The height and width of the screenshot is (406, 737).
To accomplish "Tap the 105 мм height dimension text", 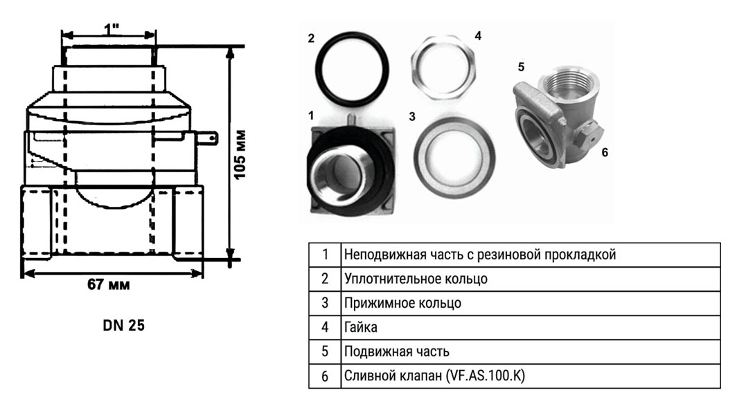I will click(240, 153).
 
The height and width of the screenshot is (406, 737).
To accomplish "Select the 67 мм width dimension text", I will click(109, 285).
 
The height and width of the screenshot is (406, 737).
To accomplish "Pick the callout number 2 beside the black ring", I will click(312, 37).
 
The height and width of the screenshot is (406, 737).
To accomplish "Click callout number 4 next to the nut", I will click(478, 35).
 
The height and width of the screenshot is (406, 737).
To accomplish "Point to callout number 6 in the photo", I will click(604, 151).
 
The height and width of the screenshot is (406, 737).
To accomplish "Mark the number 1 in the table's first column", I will click(324, 254).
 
